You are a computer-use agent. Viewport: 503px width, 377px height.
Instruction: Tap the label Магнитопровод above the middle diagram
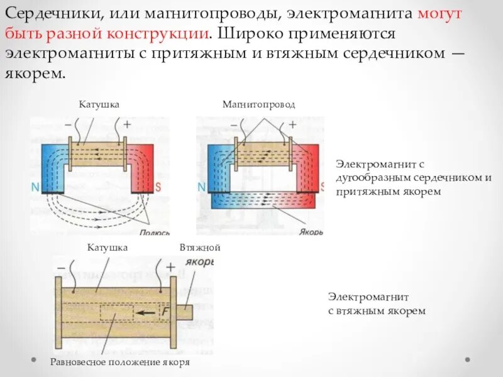[258, 104]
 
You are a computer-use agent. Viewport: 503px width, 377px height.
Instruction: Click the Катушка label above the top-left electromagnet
[99, 104]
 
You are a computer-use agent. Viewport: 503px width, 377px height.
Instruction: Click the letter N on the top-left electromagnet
[35, 187]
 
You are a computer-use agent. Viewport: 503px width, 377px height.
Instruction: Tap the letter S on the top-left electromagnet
[158, 187]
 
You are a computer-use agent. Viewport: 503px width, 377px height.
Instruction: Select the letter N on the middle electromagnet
[201, 187]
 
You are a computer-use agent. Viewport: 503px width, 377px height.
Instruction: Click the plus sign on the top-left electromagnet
[127, 124]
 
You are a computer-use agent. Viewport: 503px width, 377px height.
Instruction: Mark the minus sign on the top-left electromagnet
[67, 124]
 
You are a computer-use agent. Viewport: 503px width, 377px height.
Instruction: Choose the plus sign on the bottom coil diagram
[170, 268]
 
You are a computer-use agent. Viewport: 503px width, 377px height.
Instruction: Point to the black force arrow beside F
[148, 312]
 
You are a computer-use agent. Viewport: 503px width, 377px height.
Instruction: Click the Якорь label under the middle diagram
[311, 231]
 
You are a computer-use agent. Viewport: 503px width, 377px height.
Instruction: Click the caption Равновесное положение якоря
[119, 363]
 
